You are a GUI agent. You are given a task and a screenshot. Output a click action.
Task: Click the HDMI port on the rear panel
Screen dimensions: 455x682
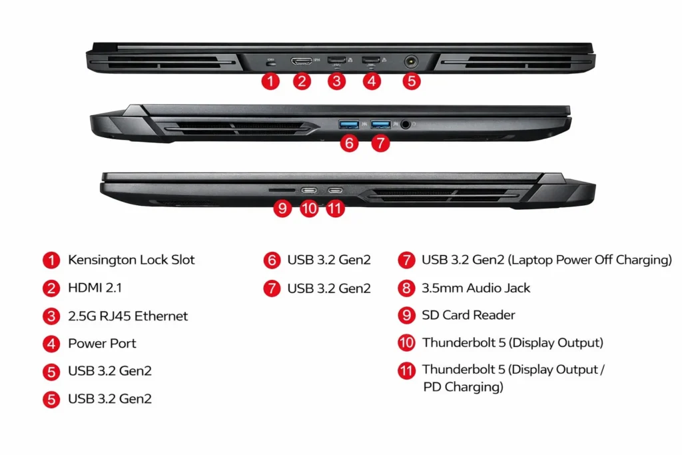pos(302,62)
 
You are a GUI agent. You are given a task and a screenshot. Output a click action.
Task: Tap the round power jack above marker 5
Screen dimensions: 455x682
pos(412,61)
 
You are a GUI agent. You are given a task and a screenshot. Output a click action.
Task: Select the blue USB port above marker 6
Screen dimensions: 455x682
pos(349,124)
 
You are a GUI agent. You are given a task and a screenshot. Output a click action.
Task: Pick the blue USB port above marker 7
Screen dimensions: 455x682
pos(380,124)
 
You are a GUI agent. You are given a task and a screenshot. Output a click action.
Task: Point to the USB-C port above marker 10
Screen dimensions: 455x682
pos(309,190)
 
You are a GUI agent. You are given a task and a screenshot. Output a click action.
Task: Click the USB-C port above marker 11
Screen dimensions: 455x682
pos(335,190)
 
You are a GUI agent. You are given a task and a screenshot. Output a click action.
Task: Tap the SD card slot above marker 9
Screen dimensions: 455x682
pos(278,190)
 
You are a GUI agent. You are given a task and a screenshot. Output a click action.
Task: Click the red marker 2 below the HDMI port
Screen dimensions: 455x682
pos(302,81)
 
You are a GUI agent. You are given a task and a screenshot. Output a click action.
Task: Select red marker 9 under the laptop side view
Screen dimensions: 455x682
pos(283,209)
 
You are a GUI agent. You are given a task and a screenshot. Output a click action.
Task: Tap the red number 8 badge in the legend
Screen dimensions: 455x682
pos(406,288)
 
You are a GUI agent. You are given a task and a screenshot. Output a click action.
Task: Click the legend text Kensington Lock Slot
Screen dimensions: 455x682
pos(131,260)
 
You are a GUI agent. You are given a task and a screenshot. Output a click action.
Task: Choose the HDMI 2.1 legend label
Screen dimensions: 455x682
pos(95,288)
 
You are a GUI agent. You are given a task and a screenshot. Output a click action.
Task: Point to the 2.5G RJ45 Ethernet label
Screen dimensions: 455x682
pos(128,316)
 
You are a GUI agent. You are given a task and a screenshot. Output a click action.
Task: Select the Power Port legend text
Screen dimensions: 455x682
pos(102,344)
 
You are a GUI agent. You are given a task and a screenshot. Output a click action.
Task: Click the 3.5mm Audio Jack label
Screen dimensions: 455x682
pos(476,288)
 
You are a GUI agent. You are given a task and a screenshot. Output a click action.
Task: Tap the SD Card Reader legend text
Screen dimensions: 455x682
pos(468,315)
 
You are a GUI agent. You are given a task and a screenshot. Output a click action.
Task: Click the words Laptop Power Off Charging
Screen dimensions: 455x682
pos(590,260)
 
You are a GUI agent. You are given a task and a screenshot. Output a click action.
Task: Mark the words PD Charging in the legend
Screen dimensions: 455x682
pos(463,387)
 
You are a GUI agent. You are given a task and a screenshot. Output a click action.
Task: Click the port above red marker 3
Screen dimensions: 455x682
pos(336,61)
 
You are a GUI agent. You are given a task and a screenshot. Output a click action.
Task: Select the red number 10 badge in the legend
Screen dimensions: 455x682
pos(406,343)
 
